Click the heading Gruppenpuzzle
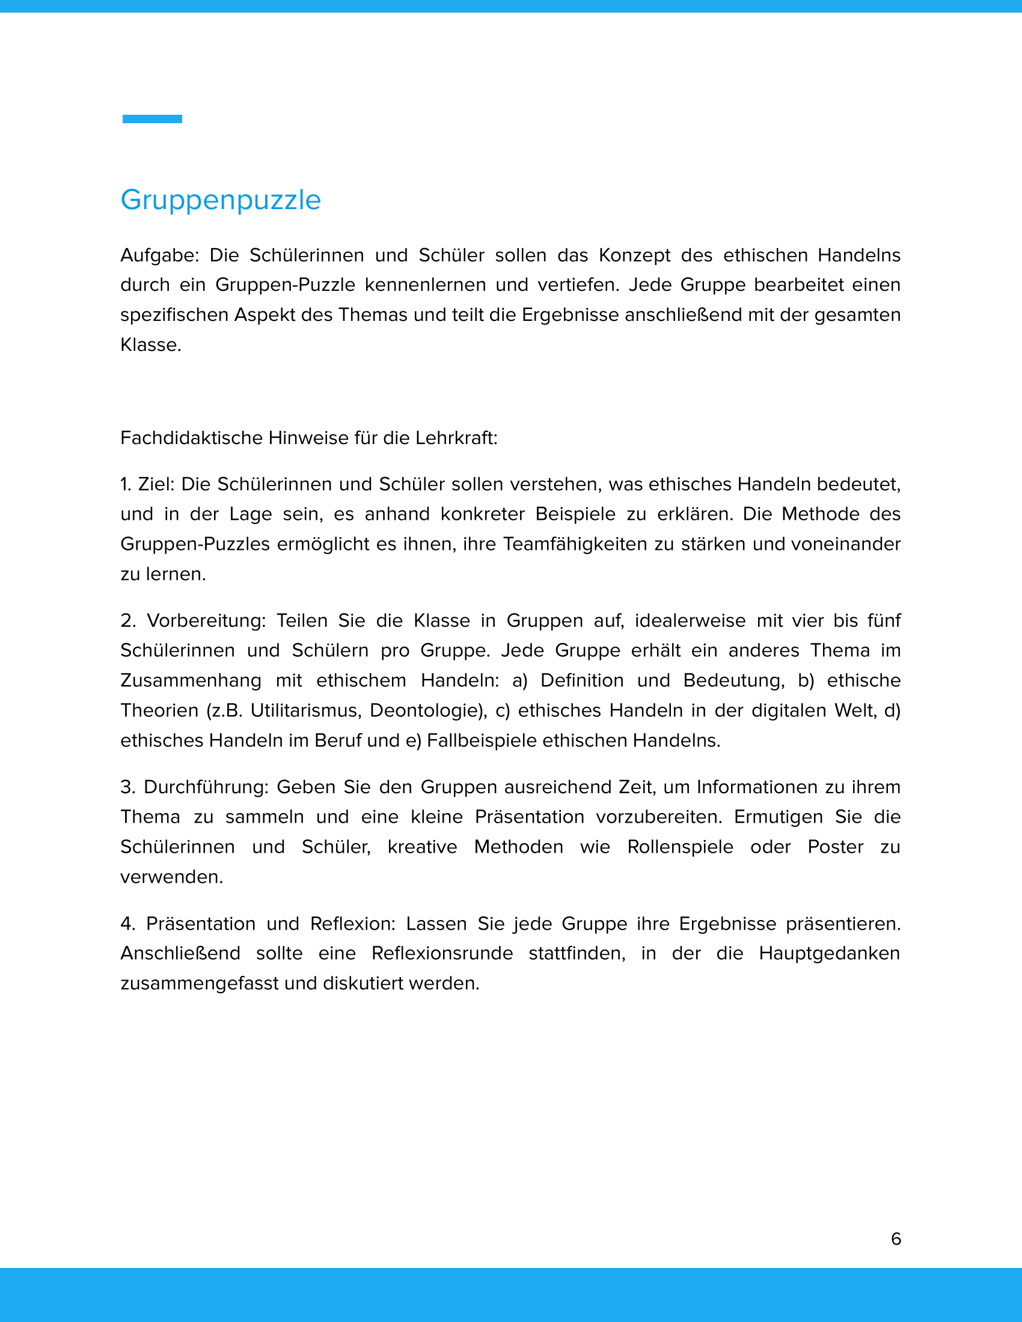click(221, 200)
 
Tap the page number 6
click(896, 1238)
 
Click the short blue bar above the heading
click(152, 118)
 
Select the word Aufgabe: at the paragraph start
click(159, 255)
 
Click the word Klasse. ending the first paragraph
click(151, 345)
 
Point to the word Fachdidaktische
click(191, 437)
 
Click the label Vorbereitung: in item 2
click(206, 621)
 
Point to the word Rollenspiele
click(680, 847)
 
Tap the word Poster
click(836, 847)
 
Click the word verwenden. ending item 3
click(172, 877)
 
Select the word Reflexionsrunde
click(442, 954)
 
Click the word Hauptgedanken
click(830, 954)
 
